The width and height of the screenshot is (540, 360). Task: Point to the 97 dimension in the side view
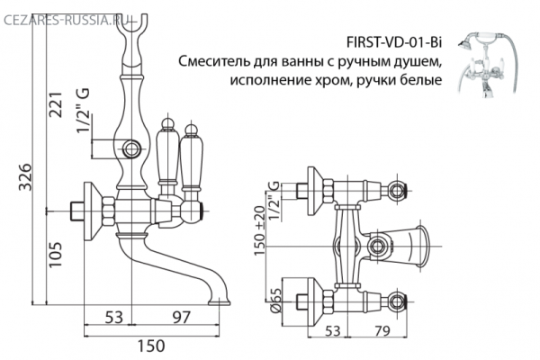pyautogui.click(x=183, y=317)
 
